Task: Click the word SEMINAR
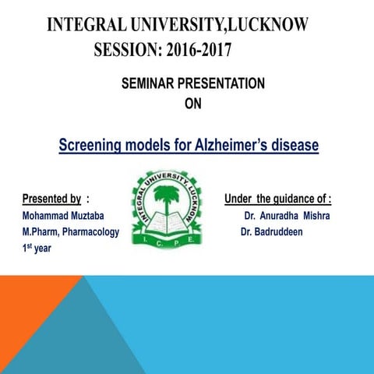click(151, 83)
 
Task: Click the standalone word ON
click(192, 104)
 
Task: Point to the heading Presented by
click(51, 198)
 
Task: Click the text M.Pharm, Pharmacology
click(70, 231)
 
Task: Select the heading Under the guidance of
click(277, 198)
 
